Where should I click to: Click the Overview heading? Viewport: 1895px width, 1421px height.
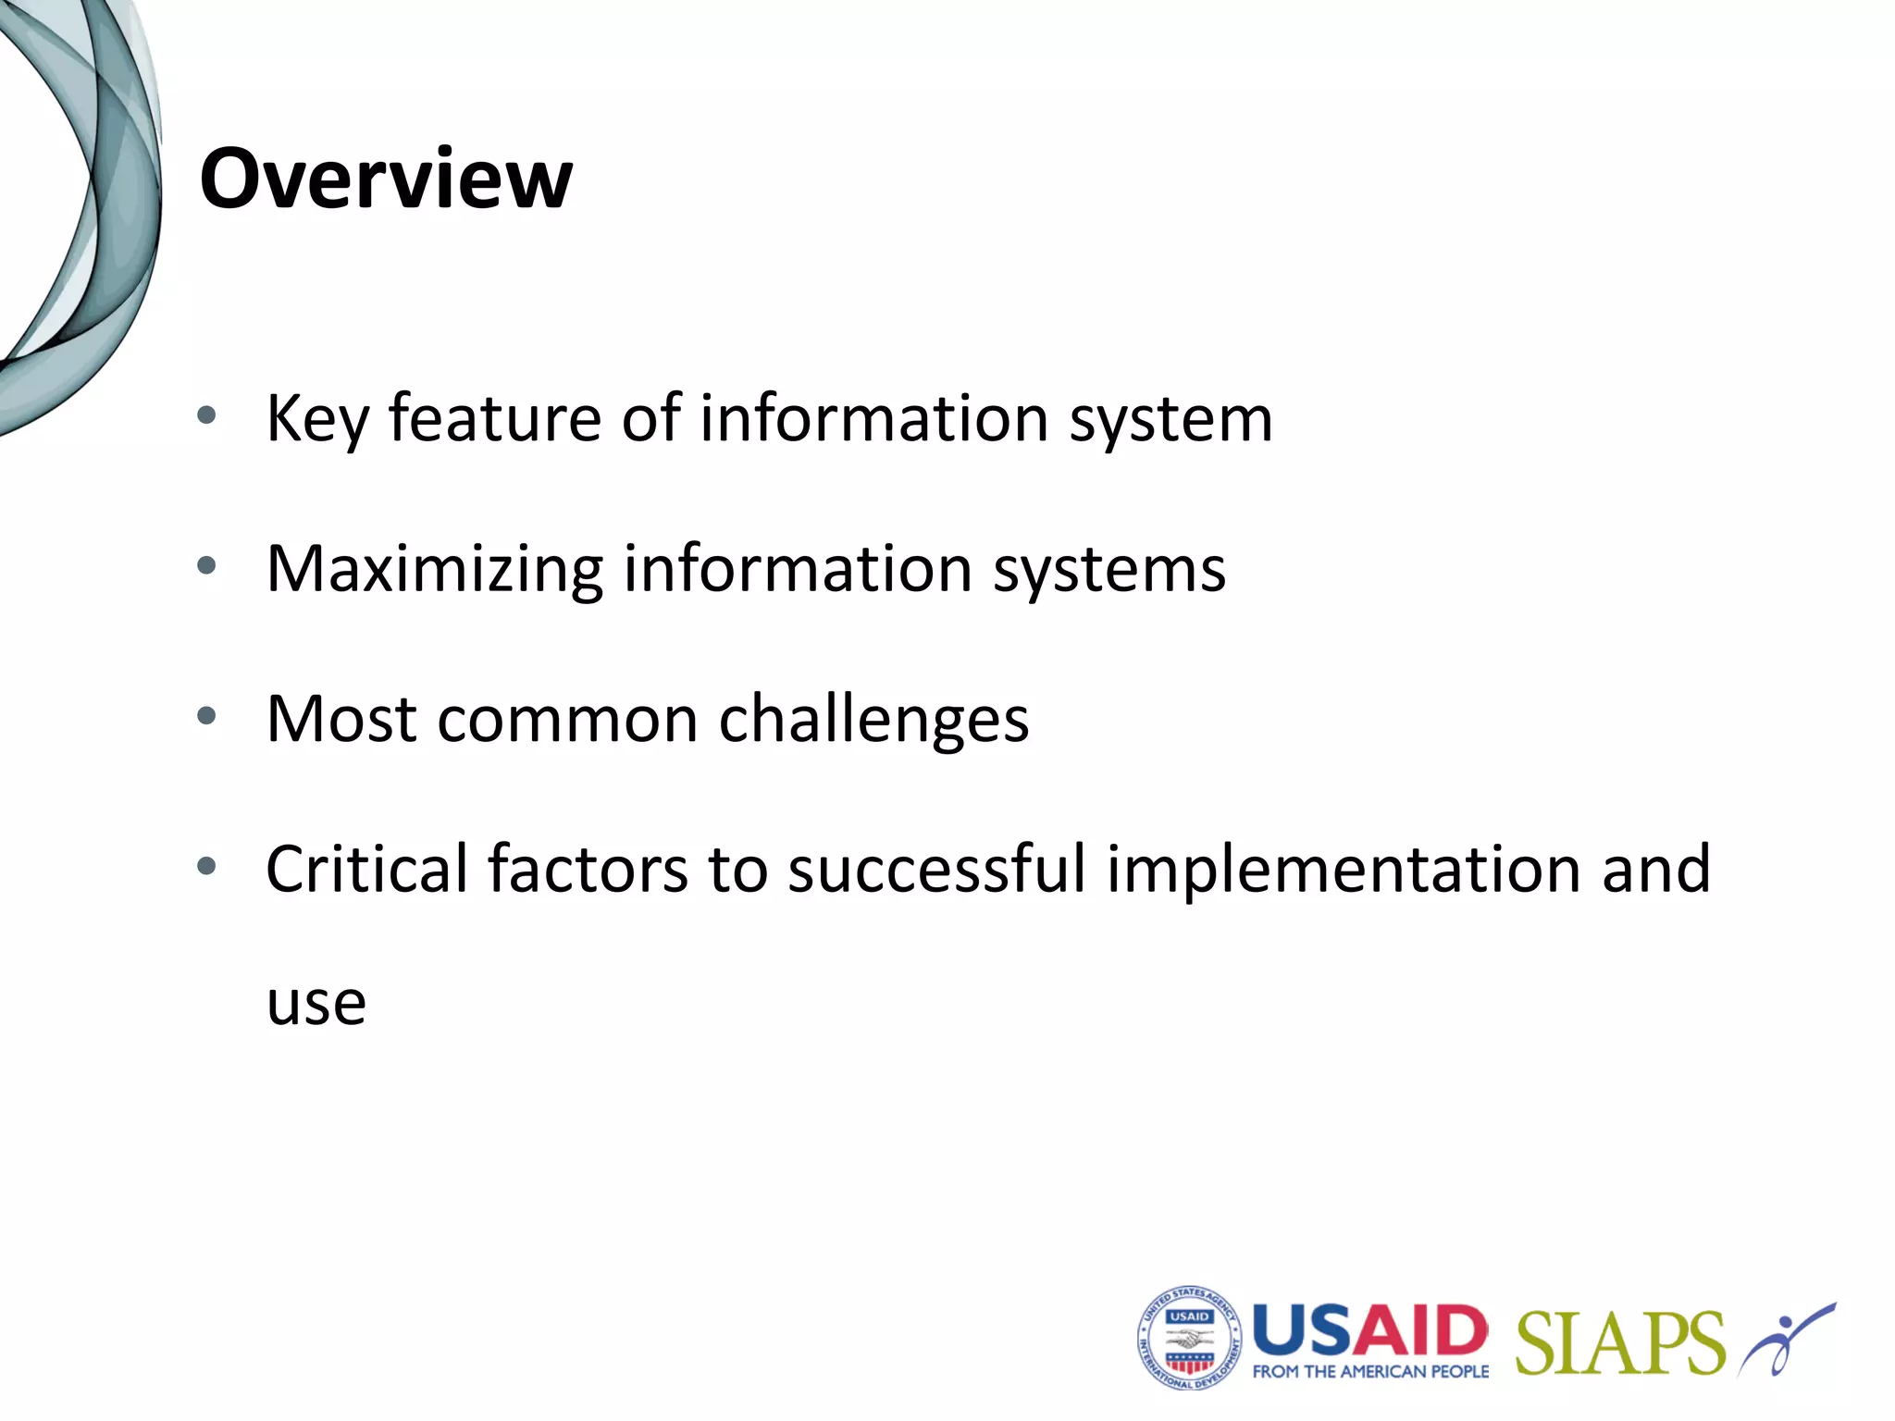pos(385,179)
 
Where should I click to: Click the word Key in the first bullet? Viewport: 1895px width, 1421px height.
pos(317,420)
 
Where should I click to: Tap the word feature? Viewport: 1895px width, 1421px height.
pos(494,418)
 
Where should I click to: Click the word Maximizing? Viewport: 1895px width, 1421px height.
pos(434,570)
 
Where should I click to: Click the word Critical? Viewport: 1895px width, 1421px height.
pos(366,870)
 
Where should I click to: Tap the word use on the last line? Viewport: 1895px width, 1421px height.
pos(316,1003)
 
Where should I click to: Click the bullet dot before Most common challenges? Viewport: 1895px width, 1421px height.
pos(206,715)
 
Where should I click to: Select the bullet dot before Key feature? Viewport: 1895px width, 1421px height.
pos(206,415)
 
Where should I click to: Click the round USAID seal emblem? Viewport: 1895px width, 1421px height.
pos(1189,1339)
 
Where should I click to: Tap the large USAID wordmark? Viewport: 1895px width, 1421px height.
pos(1369,1330)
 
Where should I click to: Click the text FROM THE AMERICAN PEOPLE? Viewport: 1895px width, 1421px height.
pos(1370,1372)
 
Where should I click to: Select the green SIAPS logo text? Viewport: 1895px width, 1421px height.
pos(1620,1343)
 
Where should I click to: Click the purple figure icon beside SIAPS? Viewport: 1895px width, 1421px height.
pos(1786,1338)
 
